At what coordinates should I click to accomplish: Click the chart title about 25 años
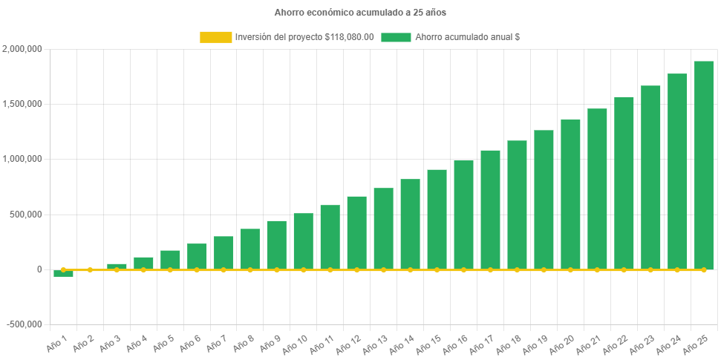click(360, 13)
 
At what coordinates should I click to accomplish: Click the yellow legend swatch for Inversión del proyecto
click(215, 37)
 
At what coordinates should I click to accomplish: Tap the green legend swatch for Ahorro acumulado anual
click(396, 37)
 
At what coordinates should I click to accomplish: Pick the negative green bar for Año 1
click(64, 273)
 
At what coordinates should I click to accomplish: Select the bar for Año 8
click(250, 249)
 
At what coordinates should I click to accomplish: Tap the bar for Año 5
click(170, 260)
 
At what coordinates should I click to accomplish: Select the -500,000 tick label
click(24, 324)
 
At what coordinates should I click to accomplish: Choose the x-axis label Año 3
click(108, 342)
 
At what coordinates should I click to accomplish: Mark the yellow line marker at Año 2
click(91, 269)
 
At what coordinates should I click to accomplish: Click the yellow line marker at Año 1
click(64, 269)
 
